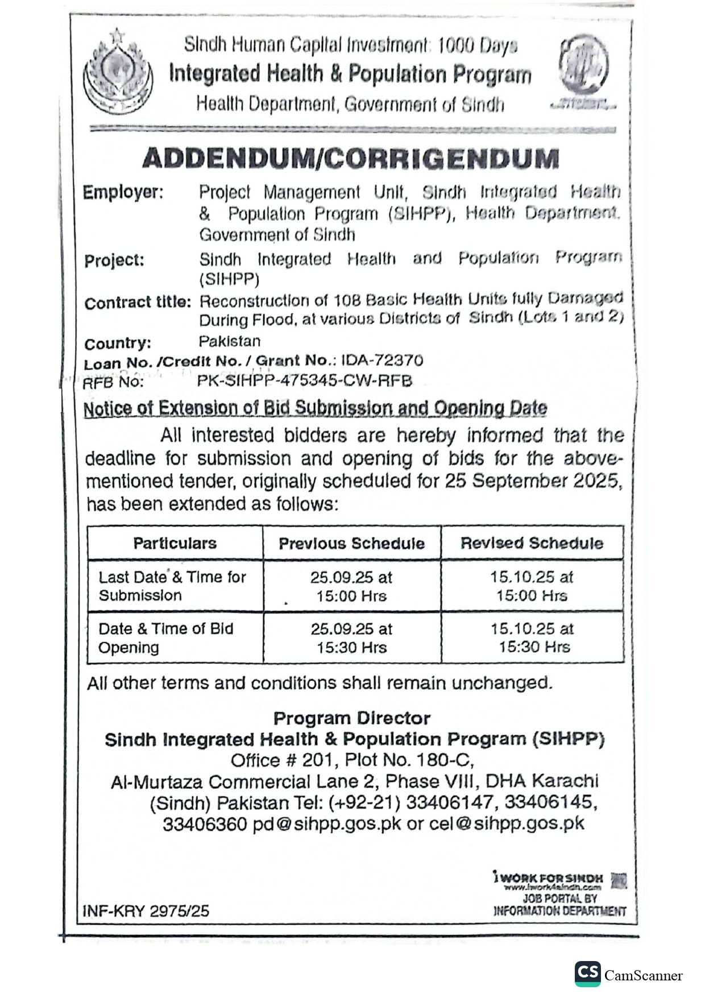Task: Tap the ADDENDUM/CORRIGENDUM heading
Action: click(351, 159)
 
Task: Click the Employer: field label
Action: click(123, 192)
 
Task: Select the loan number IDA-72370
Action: click(382, 361)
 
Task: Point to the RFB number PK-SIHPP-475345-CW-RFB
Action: click(304, 381)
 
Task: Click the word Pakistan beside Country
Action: click(230, 341)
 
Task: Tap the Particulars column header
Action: click(175, 543)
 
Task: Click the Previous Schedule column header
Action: click(351, 543)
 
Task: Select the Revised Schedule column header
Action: click(532, 543)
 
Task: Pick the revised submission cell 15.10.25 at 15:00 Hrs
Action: click(532, 586)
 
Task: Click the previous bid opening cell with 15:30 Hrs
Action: click(351, 638)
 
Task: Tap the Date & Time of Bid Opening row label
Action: click(165, 637)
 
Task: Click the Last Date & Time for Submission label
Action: click(172, 586)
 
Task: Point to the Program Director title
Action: click(351, 718)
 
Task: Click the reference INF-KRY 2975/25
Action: click(146, 911)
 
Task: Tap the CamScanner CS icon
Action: click(587, 973)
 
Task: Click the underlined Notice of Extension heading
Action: click(315, 408)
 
